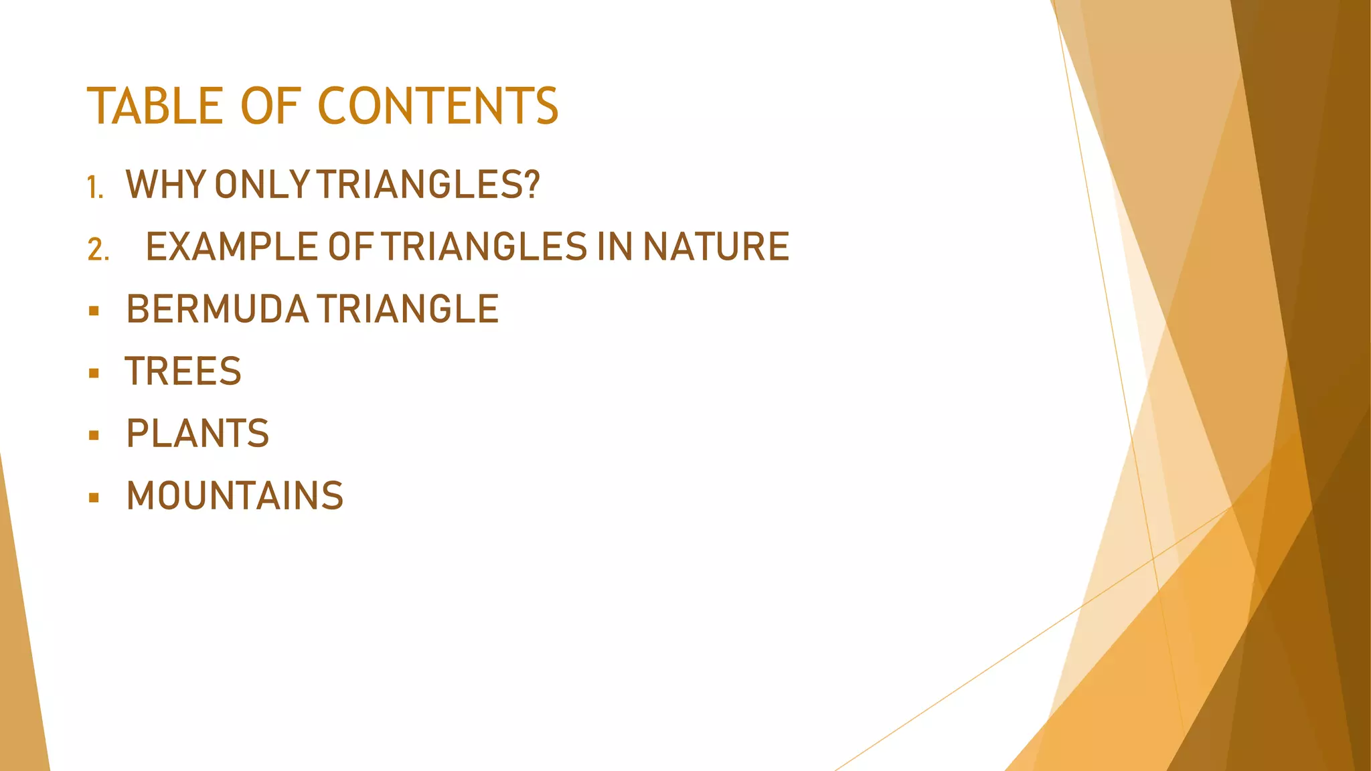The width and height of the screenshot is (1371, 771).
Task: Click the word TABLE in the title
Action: [155, 106]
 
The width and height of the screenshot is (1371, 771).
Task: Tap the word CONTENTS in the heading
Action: [438, 106]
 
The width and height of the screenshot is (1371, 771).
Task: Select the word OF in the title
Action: [270, 106]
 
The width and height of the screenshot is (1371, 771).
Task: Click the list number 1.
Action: [94, 187]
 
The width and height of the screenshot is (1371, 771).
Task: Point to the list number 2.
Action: [98, 250]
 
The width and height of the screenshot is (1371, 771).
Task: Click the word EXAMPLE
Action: [232, 246]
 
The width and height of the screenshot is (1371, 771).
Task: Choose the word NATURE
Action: [716, 246]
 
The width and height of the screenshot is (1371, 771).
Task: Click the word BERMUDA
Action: [218, 309]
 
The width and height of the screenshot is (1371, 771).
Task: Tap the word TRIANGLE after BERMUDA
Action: [408, 309]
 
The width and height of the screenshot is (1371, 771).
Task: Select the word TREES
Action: [183, 371]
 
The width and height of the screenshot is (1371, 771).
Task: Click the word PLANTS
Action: [197, 434]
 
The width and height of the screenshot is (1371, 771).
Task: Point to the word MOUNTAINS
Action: [235, 496]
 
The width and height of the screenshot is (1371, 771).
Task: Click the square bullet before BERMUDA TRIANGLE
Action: [94, 311]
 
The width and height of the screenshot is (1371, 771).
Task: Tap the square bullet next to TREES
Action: [94, 373]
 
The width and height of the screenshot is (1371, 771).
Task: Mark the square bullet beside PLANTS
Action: [94, 436]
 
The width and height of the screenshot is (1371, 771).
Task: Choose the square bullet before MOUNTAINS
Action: [94, 498]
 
